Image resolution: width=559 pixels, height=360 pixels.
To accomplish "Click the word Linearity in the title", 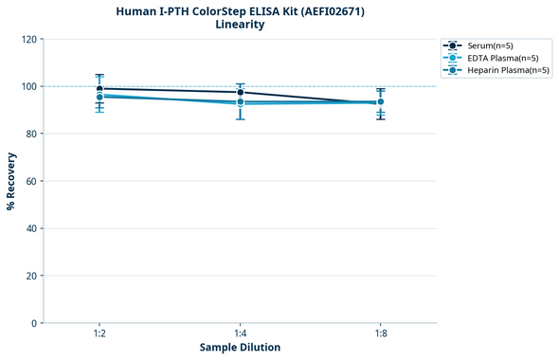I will point(240,25).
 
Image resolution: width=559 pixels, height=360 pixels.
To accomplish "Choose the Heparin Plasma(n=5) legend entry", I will point(508,70).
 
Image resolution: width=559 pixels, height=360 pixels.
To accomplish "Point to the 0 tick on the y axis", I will point(34,323).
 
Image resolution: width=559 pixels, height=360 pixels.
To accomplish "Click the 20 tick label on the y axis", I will point(31,276).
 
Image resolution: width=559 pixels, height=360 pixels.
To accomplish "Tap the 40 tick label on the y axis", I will point(31,228).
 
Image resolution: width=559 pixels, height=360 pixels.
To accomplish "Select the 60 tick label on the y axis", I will point(31,181).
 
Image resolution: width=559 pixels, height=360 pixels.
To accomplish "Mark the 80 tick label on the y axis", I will point(31,134).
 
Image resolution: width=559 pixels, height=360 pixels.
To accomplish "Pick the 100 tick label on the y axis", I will point(28,86).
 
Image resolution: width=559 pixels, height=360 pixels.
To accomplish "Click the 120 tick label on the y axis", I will point(28,39).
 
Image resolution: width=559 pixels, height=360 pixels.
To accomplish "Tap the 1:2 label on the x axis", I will point(99,335).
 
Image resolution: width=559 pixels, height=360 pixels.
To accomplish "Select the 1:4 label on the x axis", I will point(240,335).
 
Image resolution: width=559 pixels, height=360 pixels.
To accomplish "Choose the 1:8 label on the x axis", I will point(380,335).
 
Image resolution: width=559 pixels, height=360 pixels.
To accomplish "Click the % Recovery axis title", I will point(11,181).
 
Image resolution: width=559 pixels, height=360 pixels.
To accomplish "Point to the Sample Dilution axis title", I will point(240,348).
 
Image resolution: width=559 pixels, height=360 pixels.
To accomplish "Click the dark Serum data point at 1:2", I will point(99,89).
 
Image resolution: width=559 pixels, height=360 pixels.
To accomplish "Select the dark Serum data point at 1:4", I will point(240,93).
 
